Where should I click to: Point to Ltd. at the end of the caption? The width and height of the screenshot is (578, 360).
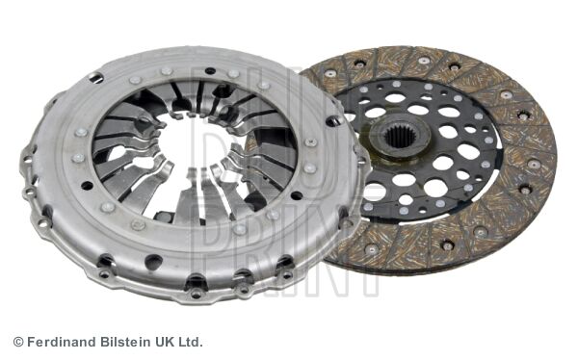pyautogui.click(x=190, y=342)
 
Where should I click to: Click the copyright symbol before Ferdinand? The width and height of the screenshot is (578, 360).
pyautogui.click(x=18, y=342)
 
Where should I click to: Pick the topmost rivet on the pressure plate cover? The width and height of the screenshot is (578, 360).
pyautogui.click(x=167, y=70)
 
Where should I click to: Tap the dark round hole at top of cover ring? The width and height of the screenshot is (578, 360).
pyautogui.click(x=210, y=70)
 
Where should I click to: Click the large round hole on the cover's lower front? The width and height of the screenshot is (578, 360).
pyautogui.click(x=154, y=262)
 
